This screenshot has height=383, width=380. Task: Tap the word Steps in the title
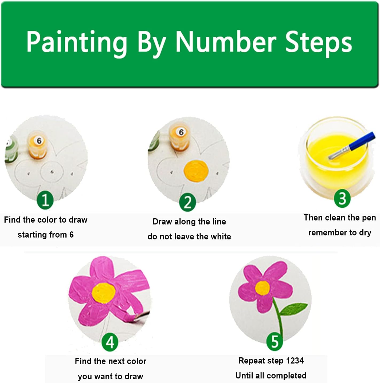coord(319,43)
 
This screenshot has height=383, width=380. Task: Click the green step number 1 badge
coord(45,200)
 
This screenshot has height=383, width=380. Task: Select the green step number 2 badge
coord(187,202)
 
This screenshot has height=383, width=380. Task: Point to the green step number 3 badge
coord(342,198)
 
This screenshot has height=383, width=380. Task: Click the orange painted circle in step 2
coord(196,171)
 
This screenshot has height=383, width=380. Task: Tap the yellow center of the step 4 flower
coord(103,293)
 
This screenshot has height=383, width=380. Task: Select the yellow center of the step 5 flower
coord(263,288)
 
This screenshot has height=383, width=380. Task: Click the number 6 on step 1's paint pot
coord(39,141)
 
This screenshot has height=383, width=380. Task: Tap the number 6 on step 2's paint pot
coord(181,132)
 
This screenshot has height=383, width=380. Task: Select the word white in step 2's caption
coord(221,236)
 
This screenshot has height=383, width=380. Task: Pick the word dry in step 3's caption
coord(365,233)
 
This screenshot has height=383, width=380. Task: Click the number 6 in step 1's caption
coord(71,235)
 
